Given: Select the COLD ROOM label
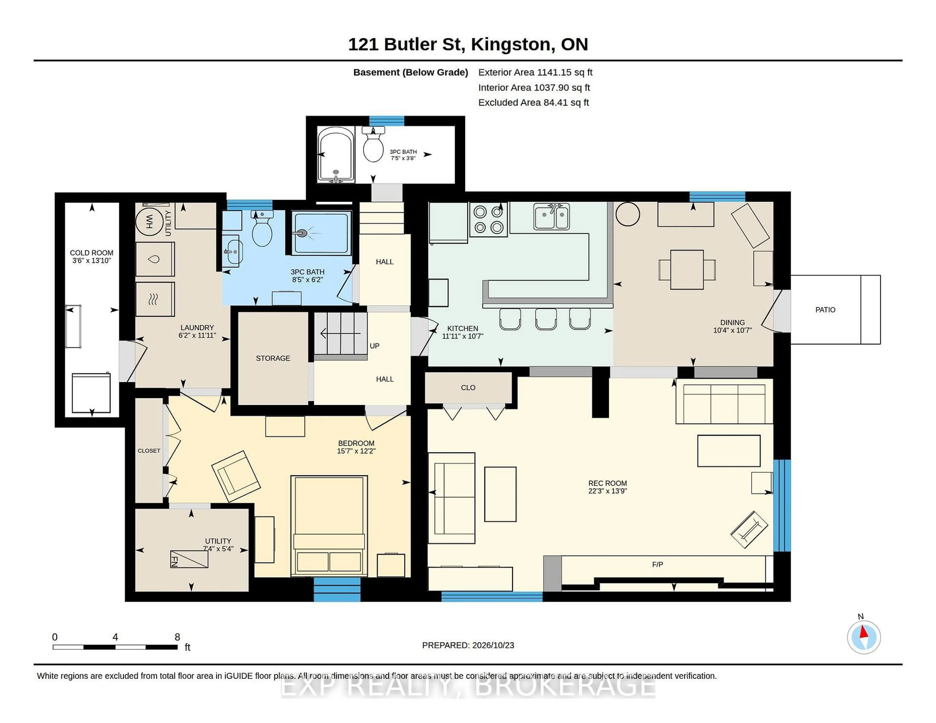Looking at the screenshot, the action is coord(92,253).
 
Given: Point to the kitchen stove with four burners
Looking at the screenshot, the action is coord(488,219).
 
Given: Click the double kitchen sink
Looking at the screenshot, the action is coord(552,216).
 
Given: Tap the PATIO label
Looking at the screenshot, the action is coord(825,310).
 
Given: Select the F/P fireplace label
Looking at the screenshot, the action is coord(657,564).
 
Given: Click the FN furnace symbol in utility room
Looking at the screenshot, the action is coord(189,559).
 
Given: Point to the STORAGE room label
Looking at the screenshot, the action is coord(273,358).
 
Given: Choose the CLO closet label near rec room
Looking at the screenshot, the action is coord(468,388).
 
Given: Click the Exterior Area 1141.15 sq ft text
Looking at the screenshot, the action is coord(535,72).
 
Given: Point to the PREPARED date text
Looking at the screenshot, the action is coord(468,645).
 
